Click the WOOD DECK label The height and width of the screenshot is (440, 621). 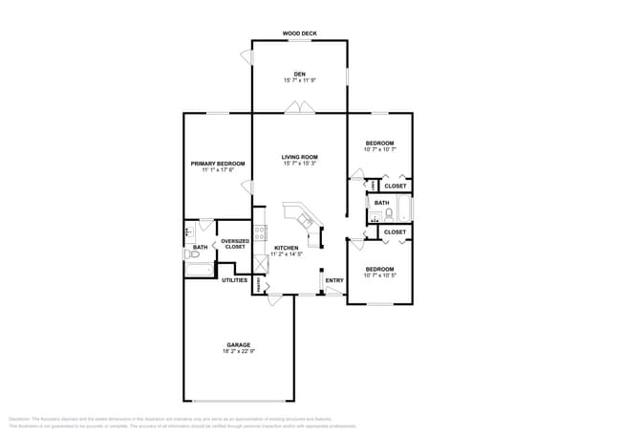299,33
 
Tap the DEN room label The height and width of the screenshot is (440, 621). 299,74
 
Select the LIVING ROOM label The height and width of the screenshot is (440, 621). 299,157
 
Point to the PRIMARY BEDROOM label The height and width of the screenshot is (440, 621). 218,164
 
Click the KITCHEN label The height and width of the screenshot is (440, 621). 287,248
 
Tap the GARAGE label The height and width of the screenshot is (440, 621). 239,344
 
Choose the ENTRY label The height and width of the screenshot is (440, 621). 334,280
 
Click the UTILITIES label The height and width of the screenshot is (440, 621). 235,280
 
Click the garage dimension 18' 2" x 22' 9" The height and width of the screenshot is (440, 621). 239,352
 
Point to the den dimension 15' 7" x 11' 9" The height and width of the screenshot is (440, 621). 299,81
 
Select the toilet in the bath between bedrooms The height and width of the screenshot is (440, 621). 388,214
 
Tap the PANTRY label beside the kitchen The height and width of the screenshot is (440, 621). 257,284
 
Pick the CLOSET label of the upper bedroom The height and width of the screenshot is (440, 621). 395,186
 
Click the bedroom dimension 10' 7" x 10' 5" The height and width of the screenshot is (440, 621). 379,276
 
